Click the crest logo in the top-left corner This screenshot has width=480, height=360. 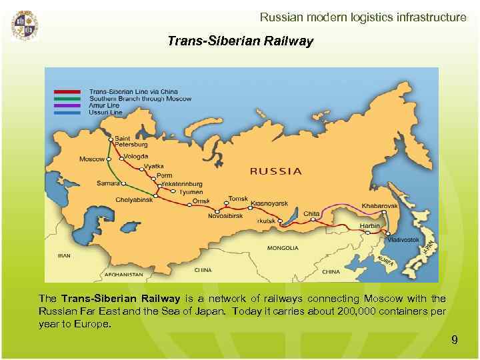pyautogui.click(x=25, y=25)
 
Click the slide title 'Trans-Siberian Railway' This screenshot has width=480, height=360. pyautogui.click(x=240, y=41)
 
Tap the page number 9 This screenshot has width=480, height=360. pyautogui.click(x=455, y=340)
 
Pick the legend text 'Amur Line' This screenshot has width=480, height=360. pyautogui.click(x=104, y=105)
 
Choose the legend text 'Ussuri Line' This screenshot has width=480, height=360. pyautogui.click(x=105, y=113)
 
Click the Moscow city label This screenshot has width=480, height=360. pyautogui.click(x=92, y=159)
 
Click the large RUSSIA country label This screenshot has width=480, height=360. pyautogui.click(x=275, y=171)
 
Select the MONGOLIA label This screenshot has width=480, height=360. pyautogui.click(x=283, y=248)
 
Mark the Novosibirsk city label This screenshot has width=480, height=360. pyautogui.click(x=226, y=216)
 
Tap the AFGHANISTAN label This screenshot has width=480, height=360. pyautogui.click(x=122, y=274)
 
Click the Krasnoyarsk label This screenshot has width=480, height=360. pyautogui.click(x=269, y=203)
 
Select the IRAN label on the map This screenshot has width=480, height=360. pyautogui.click(x=65, y=255)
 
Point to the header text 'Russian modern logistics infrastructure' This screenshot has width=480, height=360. pyautogui.click(x=363, y=17)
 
